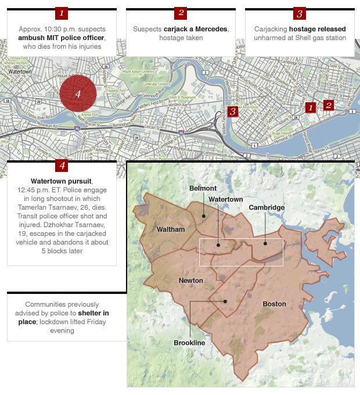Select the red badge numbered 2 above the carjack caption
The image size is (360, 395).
pyautogui.click(x=181, y=13)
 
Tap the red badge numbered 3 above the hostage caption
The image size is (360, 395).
pyautogui.click(x=300, y=13)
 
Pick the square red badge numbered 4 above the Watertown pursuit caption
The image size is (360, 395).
pyautogui.click(x=62, y=166)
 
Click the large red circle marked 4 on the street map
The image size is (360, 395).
pyautogui.click(x=77, y=93)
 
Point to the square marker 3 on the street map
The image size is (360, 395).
pyautogui.click(x=233, y=111)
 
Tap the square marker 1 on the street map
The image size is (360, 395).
pyautogui.click(x=311, y=107)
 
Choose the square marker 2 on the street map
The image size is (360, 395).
pyautogui.click(x=329, y=105)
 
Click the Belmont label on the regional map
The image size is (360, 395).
pyautogui.click(x=203, y=188)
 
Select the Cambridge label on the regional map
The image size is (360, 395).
pyautogui.click(x=267, y=207)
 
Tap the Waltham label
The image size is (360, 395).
pyautogui.click(x=171, y=229)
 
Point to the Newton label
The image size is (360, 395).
pyautogui.click(x=190, y=281)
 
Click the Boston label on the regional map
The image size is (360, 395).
pyautogui.click(x=274, y=304)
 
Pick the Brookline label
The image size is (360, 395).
pyautogui.click(x=189, y=343)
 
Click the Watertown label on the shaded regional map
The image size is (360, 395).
pyautogui.click(x=226, y=199)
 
